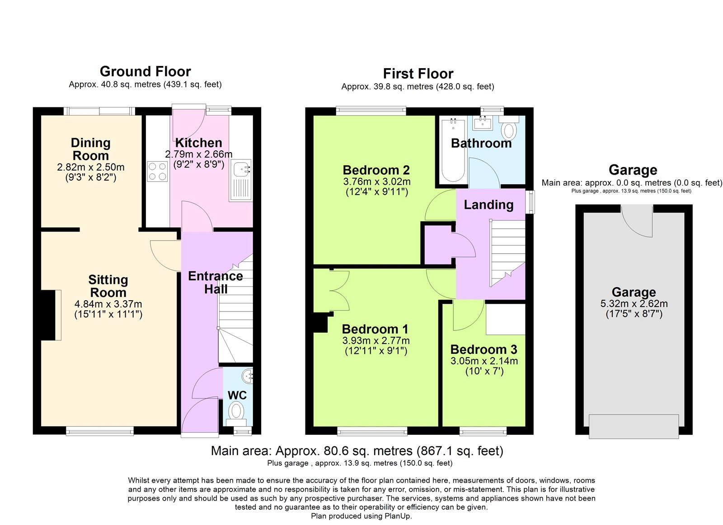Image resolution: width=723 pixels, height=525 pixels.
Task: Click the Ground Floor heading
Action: click(145, 71)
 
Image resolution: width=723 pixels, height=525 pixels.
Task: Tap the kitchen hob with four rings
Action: click(157, 172)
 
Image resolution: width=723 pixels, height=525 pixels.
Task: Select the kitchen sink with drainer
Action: click(241, 180)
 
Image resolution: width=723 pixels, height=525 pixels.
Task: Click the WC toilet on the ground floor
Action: click(236, 411)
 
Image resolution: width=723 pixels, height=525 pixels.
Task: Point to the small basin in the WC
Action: click(247, 375)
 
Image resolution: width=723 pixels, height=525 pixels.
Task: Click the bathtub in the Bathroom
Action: click(453, 151)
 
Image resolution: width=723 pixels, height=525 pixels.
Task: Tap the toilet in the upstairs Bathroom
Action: click(509, 129)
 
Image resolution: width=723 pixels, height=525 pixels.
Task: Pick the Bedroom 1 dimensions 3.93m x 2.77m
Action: click(376, 340)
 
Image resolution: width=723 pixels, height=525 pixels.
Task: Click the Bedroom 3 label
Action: click(484, 349)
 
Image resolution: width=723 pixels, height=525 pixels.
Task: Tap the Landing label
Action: click(488, 204)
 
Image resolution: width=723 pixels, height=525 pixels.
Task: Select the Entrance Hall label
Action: click(216, 282)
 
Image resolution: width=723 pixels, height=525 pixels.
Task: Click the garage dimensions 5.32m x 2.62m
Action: click(634, 303)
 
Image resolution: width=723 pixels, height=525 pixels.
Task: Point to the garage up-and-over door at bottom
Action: click(634, 426)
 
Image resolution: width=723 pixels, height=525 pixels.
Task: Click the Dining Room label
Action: click(91, 149)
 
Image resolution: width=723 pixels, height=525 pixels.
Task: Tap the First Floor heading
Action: click(418, 74)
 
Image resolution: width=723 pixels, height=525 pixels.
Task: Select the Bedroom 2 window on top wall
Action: click(371, 110)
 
